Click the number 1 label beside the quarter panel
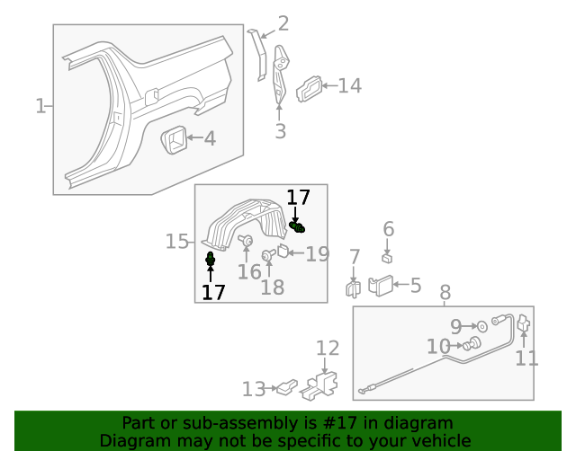40,106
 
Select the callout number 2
283,24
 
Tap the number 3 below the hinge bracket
280,132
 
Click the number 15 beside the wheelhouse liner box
177,241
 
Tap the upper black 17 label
298,198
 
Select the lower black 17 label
213,292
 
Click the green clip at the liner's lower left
211,261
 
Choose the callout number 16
249,270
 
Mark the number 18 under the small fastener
272,287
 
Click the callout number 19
317,254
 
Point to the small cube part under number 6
387,258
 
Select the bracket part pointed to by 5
381,286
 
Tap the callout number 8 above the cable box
445,293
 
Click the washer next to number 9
482,325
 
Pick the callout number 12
328,349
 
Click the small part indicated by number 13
286,387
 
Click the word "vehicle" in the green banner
437,440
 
